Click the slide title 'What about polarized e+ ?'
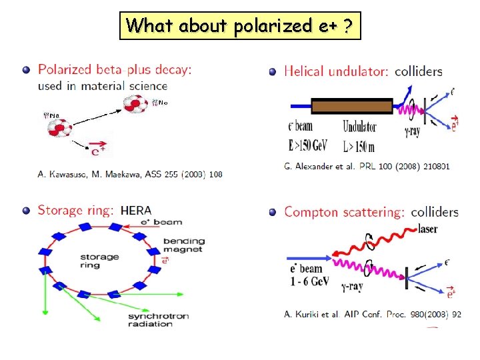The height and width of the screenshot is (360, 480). coord(240,26)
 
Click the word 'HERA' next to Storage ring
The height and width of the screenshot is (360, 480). coord(136,211)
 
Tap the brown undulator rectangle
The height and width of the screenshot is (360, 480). coord(352,106)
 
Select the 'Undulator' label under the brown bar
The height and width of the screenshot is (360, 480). coord(359,127)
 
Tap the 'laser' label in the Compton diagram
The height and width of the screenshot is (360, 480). coord(429,229)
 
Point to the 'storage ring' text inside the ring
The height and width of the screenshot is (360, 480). coord(99,261)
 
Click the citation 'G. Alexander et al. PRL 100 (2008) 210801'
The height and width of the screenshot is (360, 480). coord(367,166)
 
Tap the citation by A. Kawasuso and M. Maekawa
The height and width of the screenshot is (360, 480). coord(130,175)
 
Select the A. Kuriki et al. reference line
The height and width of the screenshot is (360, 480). coord(372,314)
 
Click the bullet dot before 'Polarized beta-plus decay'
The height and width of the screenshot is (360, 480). coord(26,69)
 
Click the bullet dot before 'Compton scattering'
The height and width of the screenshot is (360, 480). coord(273,213)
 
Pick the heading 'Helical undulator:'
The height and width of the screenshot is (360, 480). coord(336,71)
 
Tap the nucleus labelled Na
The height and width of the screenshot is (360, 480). coord(59,126)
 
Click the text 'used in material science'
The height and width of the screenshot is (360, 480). coord(103,85)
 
